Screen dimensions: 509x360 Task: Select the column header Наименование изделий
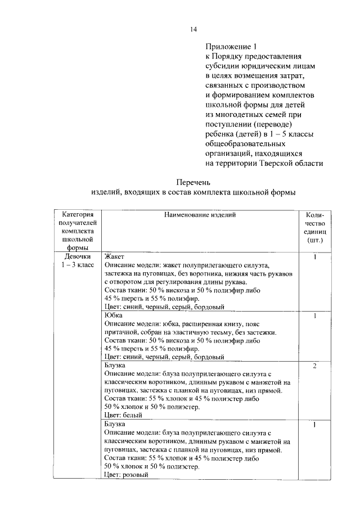[200, 214]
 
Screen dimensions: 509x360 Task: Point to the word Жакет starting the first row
[114, 256]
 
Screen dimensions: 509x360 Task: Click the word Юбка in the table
[114, 316]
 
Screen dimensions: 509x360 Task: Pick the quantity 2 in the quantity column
[315, 366]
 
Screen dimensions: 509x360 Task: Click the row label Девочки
[76, 256]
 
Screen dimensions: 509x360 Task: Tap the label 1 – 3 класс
[76, 265]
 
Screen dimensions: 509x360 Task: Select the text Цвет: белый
[123, 416]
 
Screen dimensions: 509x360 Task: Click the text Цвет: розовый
[126, 475]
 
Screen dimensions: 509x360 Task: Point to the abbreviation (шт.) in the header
[315, 240]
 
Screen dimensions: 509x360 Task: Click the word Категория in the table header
[76, 214]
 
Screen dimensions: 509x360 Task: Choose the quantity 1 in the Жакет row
[315, 257]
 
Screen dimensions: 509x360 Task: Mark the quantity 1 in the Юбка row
[315, 316]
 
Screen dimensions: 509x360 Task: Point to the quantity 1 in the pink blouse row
[315, 425]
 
